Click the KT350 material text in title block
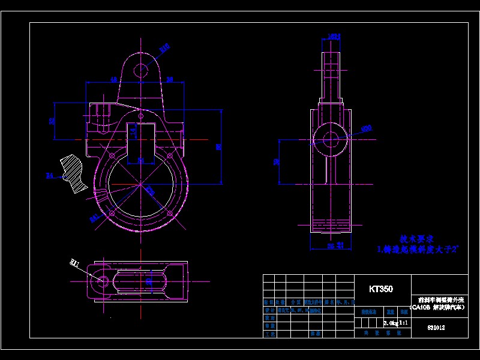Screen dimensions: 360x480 381,289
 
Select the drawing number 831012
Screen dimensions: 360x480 436,328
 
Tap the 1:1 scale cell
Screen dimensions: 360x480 403,323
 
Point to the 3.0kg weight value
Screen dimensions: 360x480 391,323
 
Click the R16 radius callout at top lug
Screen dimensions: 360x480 164,46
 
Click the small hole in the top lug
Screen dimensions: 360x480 141,70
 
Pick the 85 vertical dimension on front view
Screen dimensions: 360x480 219,146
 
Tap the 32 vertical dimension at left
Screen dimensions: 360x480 52,121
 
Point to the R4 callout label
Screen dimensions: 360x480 50,176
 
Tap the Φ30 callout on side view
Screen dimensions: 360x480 366,128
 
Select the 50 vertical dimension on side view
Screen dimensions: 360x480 276,161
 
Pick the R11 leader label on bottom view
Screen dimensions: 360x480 74,263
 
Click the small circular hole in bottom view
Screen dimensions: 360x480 103,280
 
